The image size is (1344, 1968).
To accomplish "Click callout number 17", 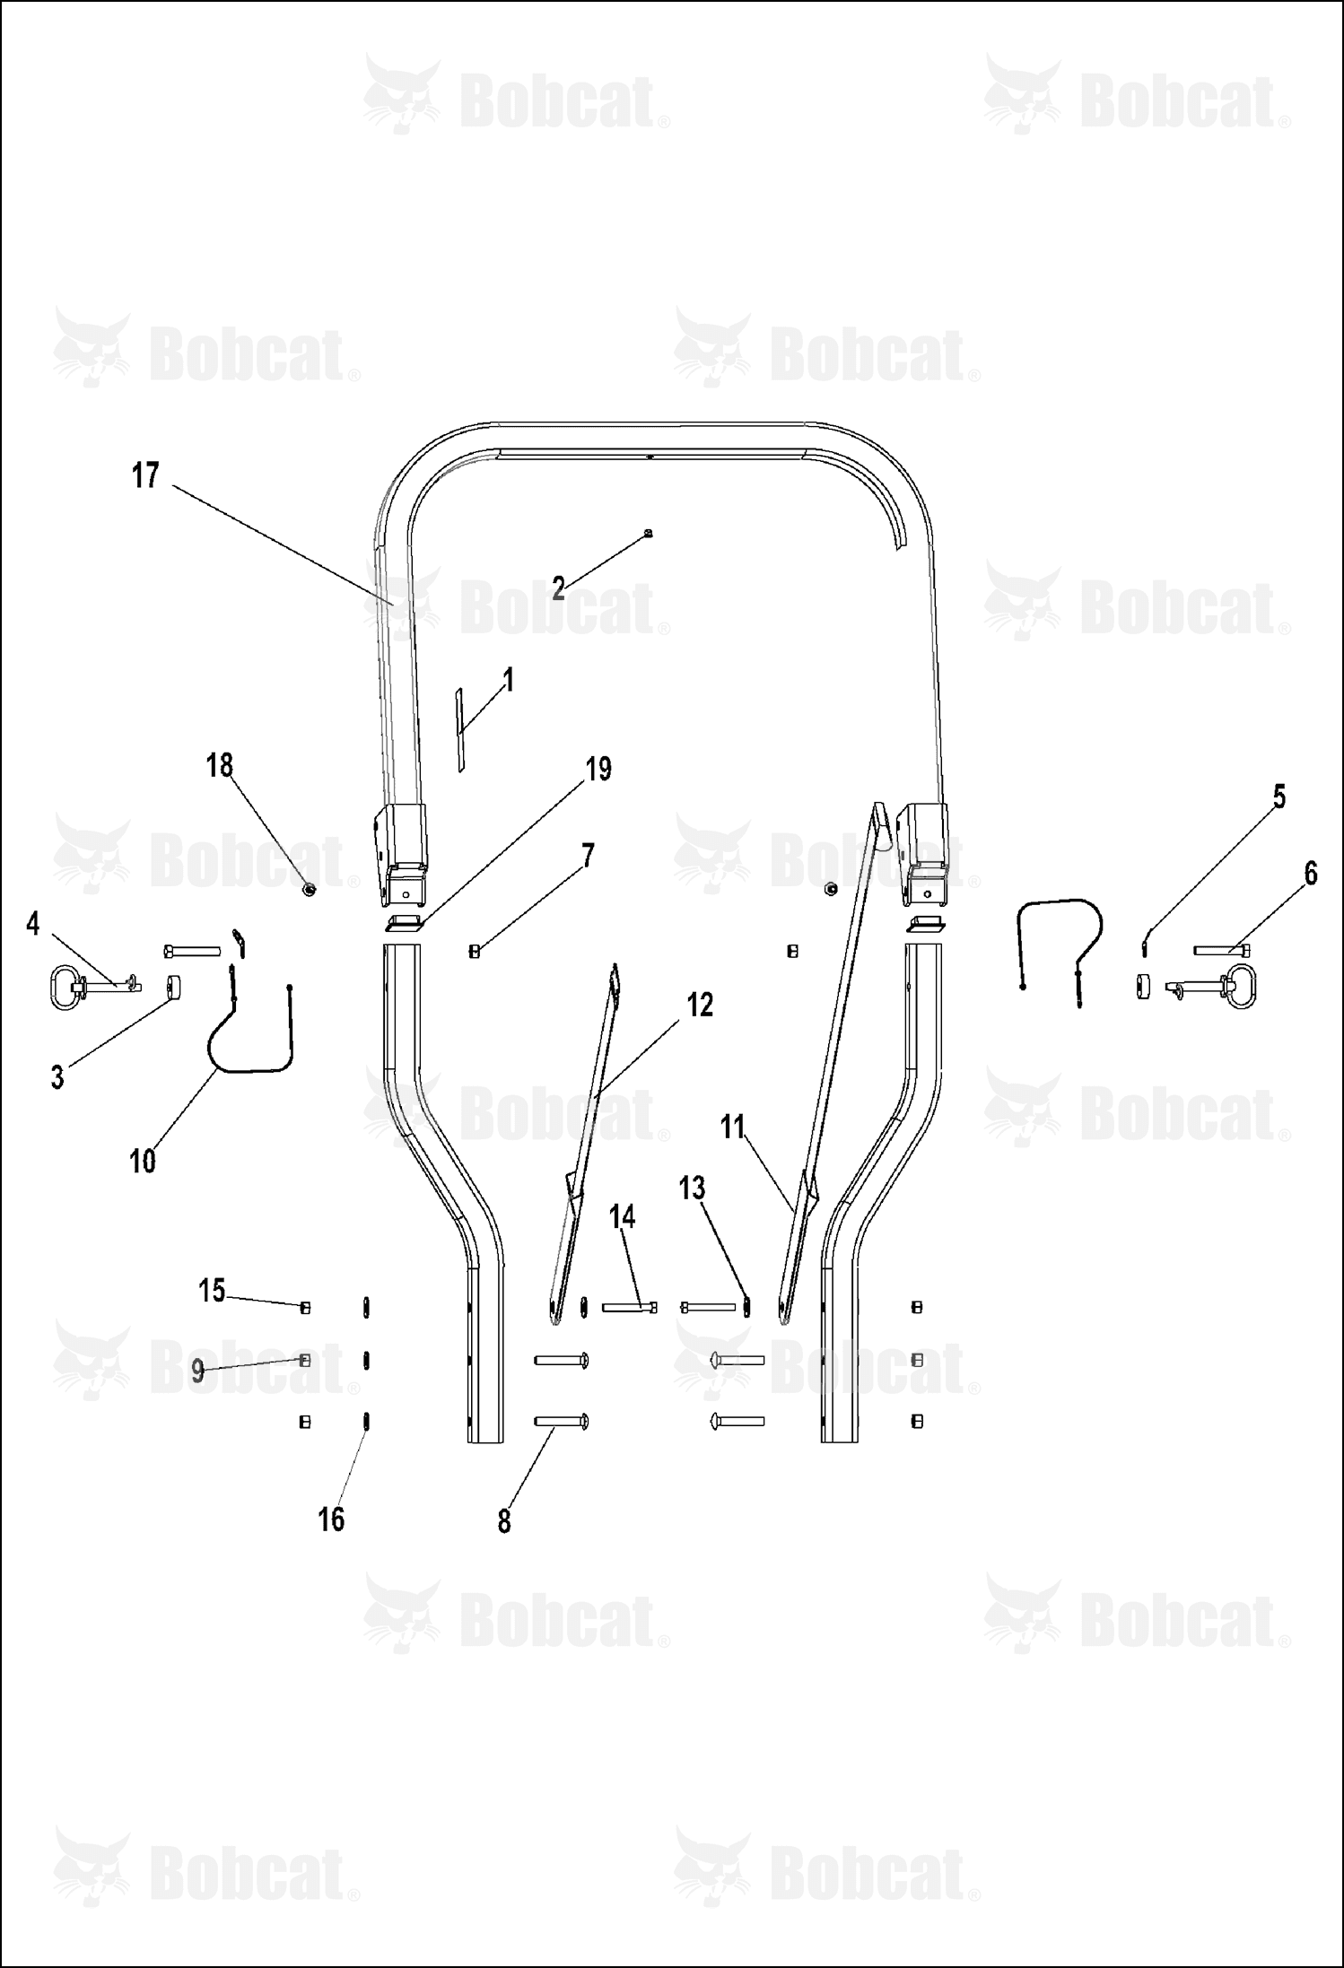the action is (145, 475).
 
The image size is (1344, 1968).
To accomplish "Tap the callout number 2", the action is (558, 588).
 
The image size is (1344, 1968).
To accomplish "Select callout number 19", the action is (598, 769).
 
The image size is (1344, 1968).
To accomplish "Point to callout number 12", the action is (700, 1005).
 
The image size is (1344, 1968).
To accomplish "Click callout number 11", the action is (733, 1127).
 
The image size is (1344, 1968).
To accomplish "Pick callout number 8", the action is (504, 1521).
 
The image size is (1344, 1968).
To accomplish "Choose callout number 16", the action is (331, 1519).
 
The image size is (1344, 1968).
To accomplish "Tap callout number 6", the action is (1311, 873).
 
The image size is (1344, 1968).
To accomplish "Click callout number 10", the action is (143, 1161).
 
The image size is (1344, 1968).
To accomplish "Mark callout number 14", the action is (622, 1217).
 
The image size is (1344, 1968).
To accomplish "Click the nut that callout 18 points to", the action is (309, 890).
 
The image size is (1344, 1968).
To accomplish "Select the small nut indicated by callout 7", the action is (475, 952).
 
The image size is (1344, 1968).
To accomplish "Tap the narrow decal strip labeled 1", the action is (460, 731).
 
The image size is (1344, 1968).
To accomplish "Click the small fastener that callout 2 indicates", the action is (649, 533).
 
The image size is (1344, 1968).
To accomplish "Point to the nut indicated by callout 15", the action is (305, 1308).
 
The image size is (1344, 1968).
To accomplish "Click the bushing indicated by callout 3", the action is (173, 988).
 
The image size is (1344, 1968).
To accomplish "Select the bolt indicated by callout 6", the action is (1224, 949).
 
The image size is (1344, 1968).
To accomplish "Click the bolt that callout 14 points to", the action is (630, 1308).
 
